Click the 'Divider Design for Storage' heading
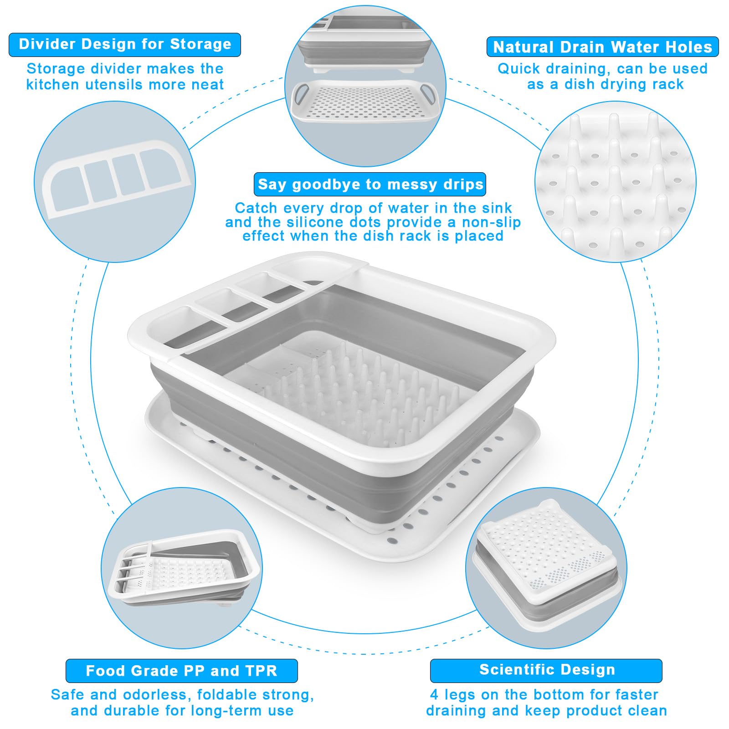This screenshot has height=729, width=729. (125, 44)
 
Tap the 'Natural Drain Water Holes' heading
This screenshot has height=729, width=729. (602, 47)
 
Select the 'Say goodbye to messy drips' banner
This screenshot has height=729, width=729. (370, 184)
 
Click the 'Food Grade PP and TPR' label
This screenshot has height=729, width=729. (181, 671)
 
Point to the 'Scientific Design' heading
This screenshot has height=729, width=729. (547, 670)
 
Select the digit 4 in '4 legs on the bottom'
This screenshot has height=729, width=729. (435, 694)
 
